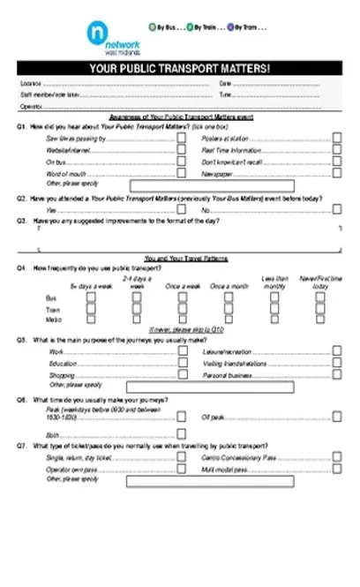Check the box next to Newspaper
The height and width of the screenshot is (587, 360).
[x=337, y=174]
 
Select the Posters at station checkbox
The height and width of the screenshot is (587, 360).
[x=337, y=139]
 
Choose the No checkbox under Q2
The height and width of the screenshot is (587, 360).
[x=337, y=210]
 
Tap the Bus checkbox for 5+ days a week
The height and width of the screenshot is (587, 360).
[x=91, y=298]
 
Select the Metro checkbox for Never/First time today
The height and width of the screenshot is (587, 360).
[x=320, y=323]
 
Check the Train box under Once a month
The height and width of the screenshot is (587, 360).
[x=229, y=311]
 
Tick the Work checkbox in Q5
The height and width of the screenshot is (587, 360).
[x=183, y=350]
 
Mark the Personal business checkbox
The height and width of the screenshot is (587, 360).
[x=337, y=374]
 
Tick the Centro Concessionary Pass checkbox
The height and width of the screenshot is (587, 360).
[x=337, y=458]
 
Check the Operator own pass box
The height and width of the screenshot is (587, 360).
[x=183, y=470]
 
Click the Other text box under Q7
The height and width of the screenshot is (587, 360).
[x=234, y=482]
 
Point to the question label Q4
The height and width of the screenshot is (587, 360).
[x=21, y=267]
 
